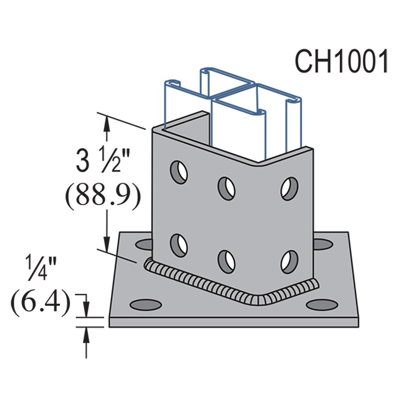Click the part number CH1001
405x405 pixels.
341,61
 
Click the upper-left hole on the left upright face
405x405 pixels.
179,172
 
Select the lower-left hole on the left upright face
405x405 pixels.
179,245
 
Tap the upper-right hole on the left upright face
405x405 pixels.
227,189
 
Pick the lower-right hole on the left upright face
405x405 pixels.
227,262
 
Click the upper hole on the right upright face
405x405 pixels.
290,189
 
